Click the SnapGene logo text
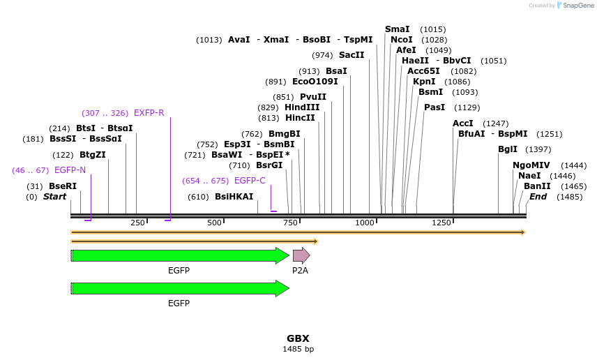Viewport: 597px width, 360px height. [575, 6]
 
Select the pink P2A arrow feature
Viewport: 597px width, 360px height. [301, 255]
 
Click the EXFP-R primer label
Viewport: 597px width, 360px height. [149, 113]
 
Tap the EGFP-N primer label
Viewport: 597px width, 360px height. [70, 170]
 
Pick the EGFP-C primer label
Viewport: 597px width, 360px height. [250, 181]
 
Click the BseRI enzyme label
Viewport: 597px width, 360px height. [63, 186]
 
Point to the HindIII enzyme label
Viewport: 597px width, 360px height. [302, 107]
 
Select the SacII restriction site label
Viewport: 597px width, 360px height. [352, 55]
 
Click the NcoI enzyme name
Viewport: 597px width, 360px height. [402, 40]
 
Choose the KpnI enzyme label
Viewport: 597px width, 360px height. [424, 82]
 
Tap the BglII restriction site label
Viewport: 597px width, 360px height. [508, 149]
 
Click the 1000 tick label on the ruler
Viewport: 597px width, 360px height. [365, 223]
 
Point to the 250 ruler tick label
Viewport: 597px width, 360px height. [137, 223]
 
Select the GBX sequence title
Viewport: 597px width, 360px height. [298, 338]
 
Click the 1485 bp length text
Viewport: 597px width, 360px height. [298, 349]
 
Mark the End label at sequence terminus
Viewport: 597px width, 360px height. [538, 197]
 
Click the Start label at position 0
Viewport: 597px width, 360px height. [54, 197]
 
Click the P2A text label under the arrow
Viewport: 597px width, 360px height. [300, 270]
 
